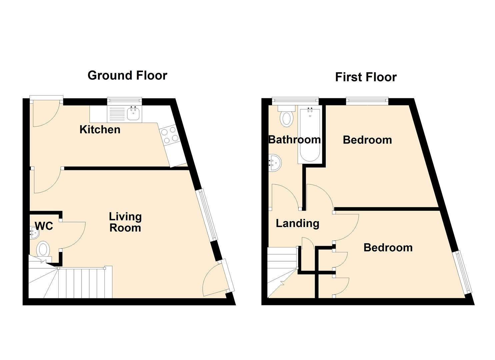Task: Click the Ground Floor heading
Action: [x=127, y=76]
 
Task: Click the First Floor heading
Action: [x=366, y=77]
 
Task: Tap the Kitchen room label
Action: [x=100, y=130]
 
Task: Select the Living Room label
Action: [x=125, y=222]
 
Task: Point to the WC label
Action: [x=44, y=226]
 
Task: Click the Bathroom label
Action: [x=294, y=140]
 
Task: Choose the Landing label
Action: [x=297, y=223]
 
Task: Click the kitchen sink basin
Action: [x=133, y=114]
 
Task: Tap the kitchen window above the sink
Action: [x=125, y=101]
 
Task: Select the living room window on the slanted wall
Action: [x=207, y=215]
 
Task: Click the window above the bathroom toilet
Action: [x=295, y=101]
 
